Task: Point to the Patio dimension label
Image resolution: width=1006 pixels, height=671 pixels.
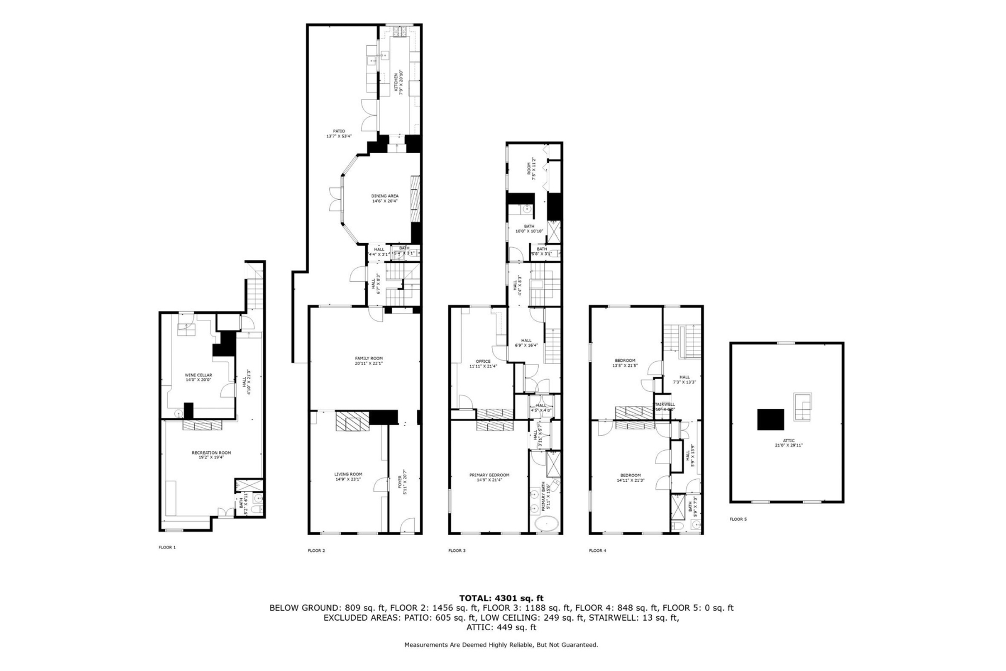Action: (339, 136)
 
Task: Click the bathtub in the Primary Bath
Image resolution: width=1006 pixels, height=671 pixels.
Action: (546, 524)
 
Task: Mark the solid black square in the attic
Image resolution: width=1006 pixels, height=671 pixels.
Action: (770, 419)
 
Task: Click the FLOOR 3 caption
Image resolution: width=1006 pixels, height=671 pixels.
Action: (457, 550)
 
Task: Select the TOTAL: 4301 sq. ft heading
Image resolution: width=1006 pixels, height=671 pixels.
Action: (501, 598)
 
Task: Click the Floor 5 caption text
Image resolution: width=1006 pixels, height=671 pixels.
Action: (738, 519)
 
